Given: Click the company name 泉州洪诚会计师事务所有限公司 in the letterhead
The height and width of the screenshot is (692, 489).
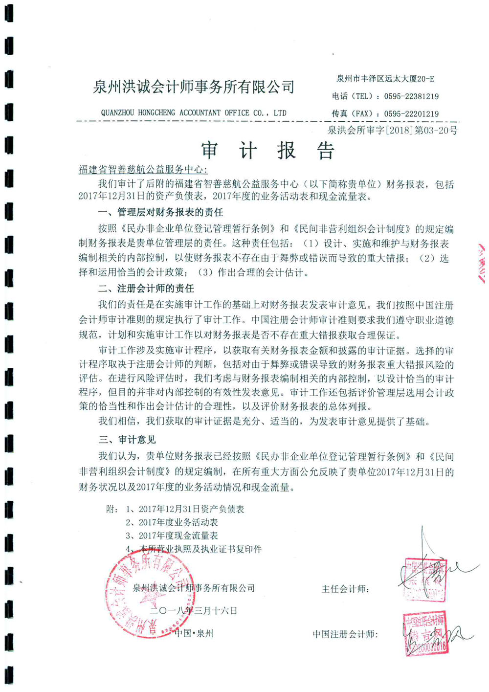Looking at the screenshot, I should coord(194,88).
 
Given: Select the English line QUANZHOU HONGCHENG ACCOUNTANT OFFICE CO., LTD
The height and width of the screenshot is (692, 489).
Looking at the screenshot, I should coord(194,113).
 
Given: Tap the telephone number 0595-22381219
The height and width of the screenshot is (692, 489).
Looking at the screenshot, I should coord(411,96).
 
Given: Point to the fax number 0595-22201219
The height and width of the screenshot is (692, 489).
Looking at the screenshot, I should coord(411,113).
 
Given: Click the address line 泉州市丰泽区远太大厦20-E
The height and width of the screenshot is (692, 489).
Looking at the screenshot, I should coord(385,78).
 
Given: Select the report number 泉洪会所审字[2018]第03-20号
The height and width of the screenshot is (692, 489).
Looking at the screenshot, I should coord(392,131).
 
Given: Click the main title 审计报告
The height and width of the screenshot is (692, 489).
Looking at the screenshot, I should coord(267,151).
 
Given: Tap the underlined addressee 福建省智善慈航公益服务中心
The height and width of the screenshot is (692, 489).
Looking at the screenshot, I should coord(143,170).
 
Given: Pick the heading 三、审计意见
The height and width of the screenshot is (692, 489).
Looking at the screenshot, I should coord(127,440).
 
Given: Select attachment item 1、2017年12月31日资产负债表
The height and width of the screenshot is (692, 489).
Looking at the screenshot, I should coord(185,509).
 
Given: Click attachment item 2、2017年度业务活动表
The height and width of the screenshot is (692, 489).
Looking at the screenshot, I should coord(172,522).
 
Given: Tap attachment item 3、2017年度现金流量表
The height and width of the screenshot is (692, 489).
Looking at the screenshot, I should coord(172,536).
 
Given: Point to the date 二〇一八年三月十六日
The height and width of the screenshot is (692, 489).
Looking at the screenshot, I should coord(194,610).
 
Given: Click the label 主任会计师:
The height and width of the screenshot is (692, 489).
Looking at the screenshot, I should coord(345,589).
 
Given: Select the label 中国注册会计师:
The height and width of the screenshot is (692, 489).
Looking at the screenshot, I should coord(345,634).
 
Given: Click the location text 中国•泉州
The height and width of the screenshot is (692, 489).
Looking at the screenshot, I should coord(194,633).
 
